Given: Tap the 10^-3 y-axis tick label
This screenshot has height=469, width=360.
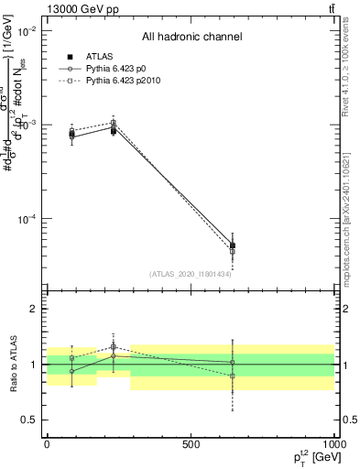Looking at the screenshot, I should click(27, 125).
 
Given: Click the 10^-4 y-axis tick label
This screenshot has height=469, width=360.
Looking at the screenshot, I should click(27, 219).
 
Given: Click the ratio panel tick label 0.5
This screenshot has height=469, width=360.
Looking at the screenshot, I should click(28, 420).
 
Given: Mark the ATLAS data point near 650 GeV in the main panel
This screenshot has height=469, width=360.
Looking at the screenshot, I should click(233, 245).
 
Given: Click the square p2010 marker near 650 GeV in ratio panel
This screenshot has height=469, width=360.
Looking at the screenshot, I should click(233, 376).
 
